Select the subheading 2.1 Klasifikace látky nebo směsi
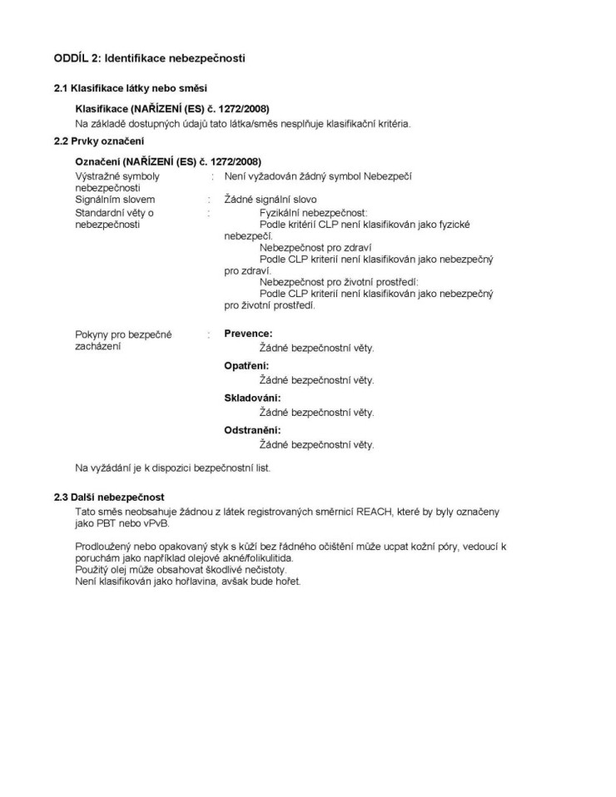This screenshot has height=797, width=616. [131, 87]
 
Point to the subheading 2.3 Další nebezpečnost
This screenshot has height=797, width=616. [109, 497]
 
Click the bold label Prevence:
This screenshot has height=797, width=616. [248, 334]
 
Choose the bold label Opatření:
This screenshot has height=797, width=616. [248, 366]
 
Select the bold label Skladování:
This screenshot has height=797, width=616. [252, 398]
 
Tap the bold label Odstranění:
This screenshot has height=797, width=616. [252, 430]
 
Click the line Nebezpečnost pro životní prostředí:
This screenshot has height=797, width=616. [339, 282]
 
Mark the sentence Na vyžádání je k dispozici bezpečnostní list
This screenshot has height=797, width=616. [172, 468]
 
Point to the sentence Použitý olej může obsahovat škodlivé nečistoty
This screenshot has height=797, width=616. [181, 570]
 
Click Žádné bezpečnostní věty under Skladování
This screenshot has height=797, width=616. [316, 413]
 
